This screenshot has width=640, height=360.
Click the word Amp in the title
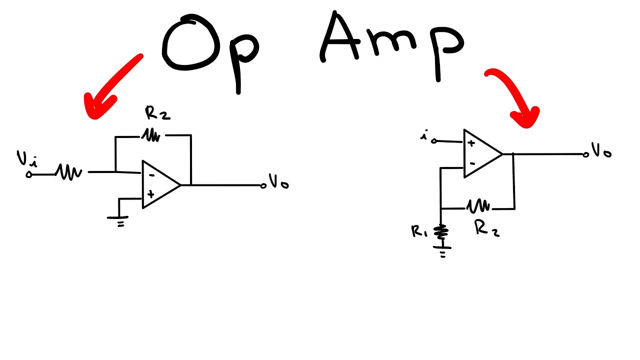coord(390,42)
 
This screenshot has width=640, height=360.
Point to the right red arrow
coord(515,97)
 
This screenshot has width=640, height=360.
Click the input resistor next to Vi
coord(68,172)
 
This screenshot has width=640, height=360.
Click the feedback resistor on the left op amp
coord(151,135)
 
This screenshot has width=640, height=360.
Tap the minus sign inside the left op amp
coord(151,175)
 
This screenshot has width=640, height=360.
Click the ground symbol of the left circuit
coord(118,219)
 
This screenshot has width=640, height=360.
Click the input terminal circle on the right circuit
coord(434,141)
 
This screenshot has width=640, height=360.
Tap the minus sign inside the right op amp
coord(471,163)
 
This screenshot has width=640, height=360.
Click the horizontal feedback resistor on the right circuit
coord(478,205)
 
